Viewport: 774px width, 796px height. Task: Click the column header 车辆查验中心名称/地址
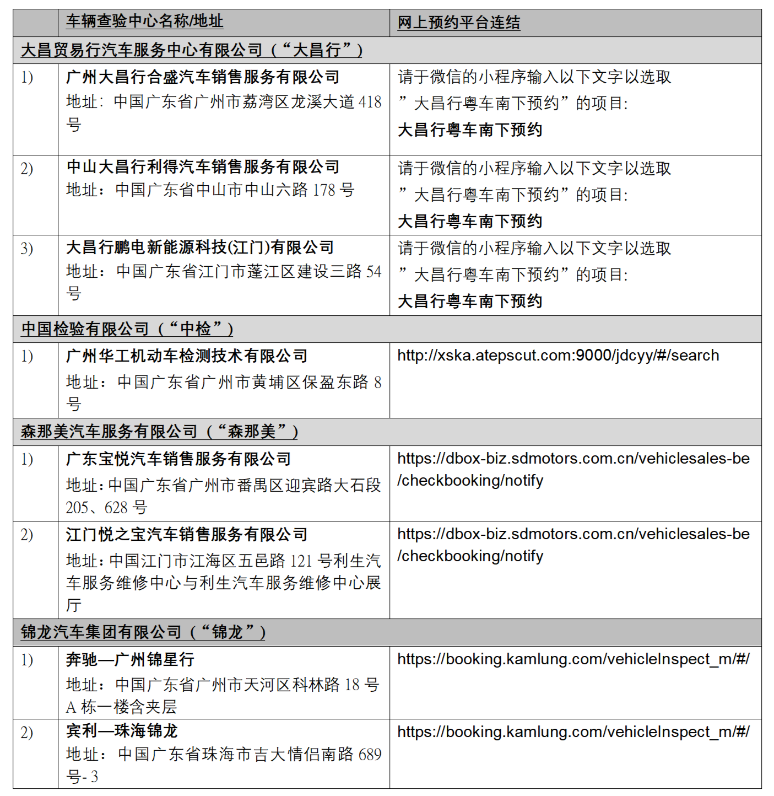pos(144,21)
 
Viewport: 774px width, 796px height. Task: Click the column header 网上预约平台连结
pos(458,23)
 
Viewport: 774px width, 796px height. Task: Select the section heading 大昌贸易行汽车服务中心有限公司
pos(142,50)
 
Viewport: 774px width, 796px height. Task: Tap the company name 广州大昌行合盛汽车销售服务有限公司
pos(202,77)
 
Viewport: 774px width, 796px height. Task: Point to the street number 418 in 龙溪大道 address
pos(370,102)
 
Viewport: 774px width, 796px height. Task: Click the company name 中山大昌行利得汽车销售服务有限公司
pos(202,166)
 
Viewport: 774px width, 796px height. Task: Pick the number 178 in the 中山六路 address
pos(324,190)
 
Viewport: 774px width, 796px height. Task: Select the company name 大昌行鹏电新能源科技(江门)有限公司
pos(199,248)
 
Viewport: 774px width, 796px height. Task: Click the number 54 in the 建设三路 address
pos(374,271)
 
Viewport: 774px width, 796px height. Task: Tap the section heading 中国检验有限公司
pos(85,329)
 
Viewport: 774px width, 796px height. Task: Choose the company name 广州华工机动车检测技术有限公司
pos(186,356)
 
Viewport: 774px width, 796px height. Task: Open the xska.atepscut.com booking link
pos(558,356)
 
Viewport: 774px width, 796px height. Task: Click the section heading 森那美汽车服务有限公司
pos(109,432)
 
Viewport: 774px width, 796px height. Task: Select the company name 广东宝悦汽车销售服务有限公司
pos(178,459)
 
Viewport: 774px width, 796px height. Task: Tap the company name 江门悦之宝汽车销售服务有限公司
pos(186,534)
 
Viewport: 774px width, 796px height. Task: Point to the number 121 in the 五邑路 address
pos(301,561)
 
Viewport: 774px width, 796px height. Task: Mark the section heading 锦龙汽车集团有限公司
pos(101,632)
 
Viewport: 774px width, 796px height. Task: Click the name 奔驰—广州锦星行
pos(130,659)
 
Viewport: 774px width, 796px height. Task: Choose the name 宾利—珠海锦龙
pos(122,731)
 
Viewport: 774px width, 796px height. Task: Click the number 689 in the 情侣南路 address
pos(370,755)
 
